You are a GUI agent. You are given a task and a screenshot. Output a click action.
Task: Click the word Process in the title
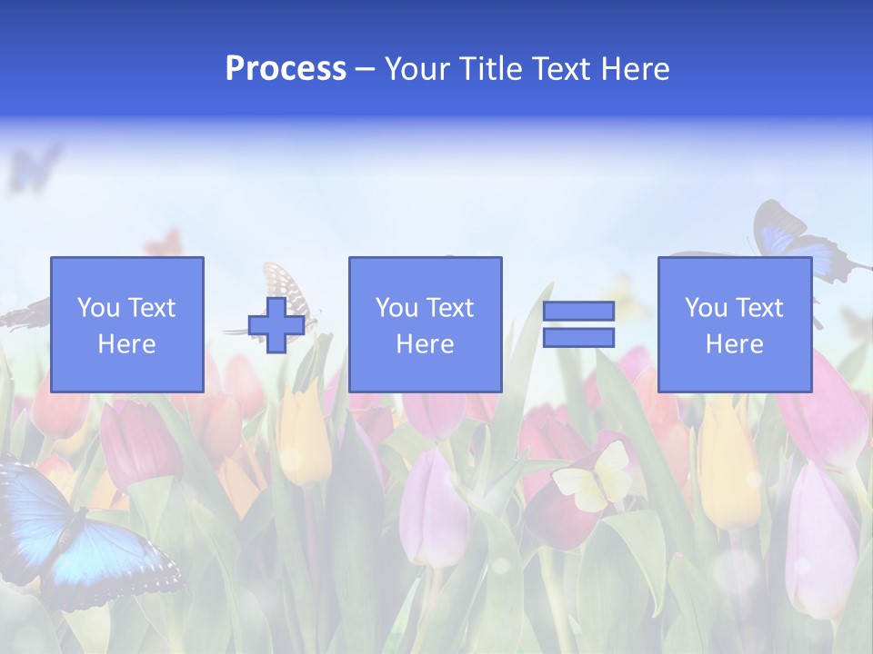pos(286,69)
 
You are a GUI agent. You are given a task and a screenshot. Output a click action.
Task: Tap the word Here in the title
pos(633,69)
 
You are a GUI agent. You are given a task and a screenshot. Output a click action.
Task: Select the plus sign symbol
pos(276,325)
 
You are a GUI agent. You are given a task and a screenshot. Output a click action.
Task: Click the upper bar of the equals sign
pos(578,312)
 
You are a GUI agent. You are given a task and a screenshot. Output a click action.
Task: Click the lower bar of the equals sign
pos(578,338)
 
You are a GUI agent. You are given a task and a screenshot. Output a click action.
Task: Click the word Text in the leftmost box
pos(151,308)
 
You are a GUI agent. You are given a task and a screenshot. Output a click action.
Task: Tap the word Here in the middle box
pos(426,344)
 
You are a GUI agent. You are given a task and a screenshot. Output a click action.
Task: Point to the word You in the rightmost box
pos(706,308)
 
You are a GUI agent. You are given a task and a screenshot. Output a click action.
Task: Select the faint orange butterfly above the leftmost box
pos(165,243)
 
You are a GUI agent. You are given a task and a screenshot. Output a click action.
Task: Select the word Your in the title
pos(417,69)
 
